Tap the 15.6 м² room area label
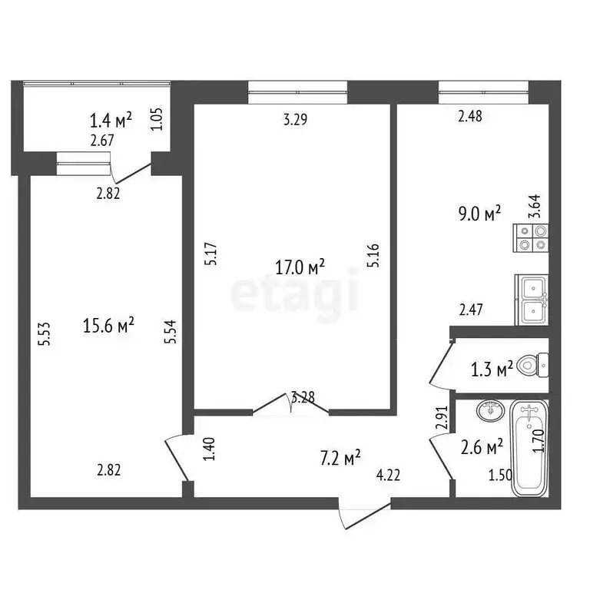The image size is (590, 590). pyautogui.click(x=108, y=326)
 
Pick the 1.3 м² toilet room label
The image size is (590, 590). pyautogui.click(x=492, y=370)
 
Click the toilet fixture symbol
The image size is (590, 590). pyautogui.click(x=532, y=364)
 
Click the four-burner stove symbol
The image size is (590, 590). pyautogui.click(x=531, y=237)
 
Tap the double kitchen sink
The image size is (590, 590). pyautogui.click(x=531, y=299)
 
